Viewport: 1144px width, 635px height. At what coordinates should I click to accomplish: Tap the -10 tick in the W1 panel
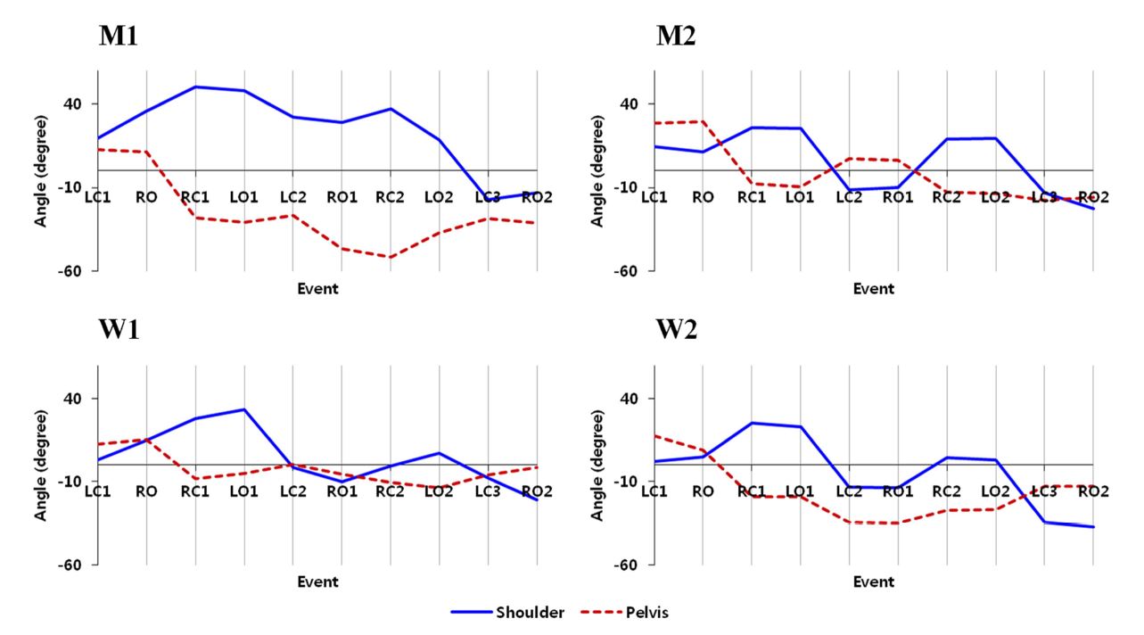coord(70,482)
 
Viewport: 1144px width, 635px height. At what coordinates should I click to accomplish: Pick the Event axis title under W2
coord(873,582)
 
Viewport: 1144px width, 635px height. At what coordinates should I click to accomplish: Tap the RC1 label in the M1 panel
coord(195,197)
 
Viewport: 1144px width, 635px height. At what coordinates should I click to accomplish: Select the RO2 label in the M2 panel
coord(1093,197)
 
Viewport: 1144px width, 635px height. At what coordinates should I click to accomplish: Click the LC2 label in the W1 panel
coord(292,491)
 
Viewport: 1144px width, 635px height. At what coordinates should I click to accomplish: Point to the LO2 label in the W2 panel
coord(995,491)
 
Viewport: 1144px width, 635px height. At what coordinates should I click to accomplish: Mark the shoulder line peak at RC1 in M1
coord(195,87)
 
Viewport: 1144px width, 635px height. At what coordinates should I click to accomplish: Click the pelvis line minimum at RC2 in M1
coord(390,257)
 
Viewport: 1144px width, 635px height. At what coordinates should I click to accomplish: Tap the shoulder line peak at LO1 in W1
coord(243,409)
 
